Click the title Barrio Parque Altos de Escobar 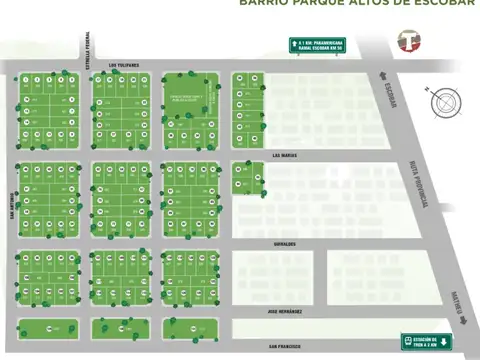[x=359, y=3]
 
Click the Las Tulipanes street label [x=124, y=64]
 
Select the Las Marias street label [x=285, y=155]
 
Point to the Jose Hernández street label [x=285, y=313]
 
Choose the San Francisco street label [x=285, y=346]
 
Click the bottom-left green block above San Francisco [x=46, y=329]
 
